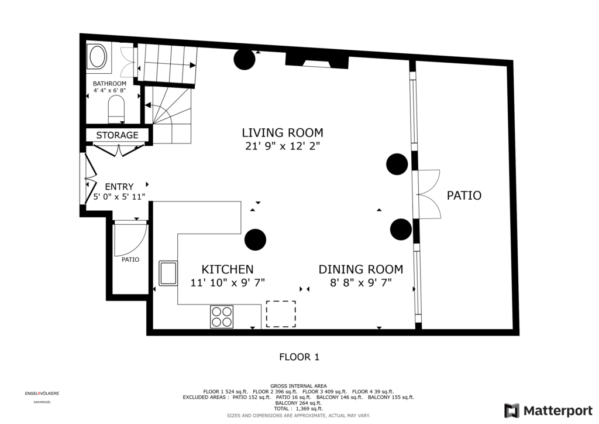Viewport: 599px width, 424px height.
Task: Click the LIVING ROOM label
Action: (283, 133)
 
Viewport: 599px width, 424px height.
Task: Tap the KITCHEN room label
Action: (228, 269)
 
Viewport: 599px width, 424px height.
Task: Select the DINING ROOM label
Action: (360, 269)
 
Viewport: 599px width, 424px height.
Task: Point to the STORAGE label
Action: (117, 135)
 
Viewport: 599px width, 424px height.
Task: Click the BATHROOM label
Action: (109, 83)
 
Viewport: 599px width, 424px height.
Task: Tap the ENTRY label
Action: (119, 187)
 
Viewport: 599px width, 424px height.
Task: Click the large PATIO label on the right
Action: (464, 196)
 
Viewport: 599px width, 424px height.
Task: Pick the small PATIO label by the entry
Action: (130, 259)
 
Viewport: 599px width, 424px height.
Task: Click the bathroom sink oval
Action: (98, 57)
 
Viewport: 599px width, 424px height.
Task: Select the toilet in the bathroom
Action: (116, 108)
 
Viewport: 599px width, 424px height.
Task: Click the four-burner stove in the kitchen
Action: (222, 317)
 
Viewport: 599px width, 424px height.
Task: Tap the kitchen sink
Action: (168, 273)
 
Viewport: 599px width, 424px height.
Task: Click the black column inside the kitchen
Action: (255, 240)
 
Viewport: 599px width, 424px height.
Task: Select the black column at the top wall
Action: (245, 59)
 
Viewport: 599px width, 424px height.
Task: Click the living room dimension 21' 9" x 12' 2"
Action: (283, 146)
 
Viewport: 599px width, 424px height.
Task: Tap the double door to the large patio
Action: (429, 194)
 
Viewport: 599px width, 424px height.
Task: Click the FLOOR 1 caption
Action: (299, 357)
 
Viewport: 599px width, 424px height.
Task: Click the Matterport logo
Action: (548, 411)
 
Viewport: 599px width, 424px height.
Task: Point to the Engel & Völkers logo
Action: (42, 394)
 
